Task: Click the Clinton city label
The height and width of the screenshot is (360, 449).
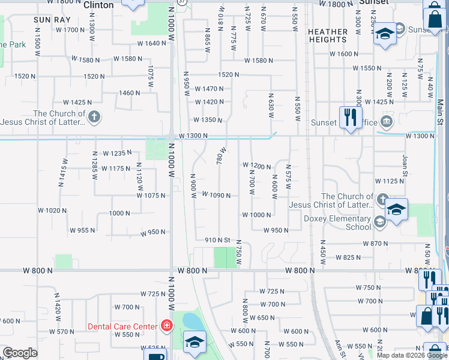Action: tap(98, 5)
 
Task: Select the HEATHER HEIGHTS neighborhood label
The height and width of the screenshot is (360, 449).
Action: tap(328, 35)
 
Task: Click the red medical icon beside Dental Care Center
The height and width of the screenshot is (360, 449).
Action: tap(166, 326)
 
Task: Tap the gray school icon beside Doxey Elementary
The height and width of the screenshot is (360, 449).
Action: tap(379, 223)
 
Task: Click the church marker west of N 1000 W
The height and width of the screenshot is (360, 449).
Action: tap(94, 117)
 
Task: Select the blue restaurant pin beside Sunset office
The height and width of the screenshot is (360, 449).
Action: tap(350, 117)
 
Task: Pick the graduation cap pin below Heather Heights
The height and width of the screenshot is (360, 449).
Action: tap(384, 34)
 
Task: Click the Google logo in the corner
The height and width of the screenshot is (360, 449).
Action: tap(20, 353)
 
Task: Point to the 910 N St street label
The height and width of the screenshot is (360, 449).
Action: tap(217, 240)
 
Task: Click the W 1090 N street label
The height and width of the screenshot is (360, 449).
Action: tap(217, 195)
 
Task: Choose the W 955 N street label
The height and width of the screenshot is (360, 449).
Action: tap(83, 230)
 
